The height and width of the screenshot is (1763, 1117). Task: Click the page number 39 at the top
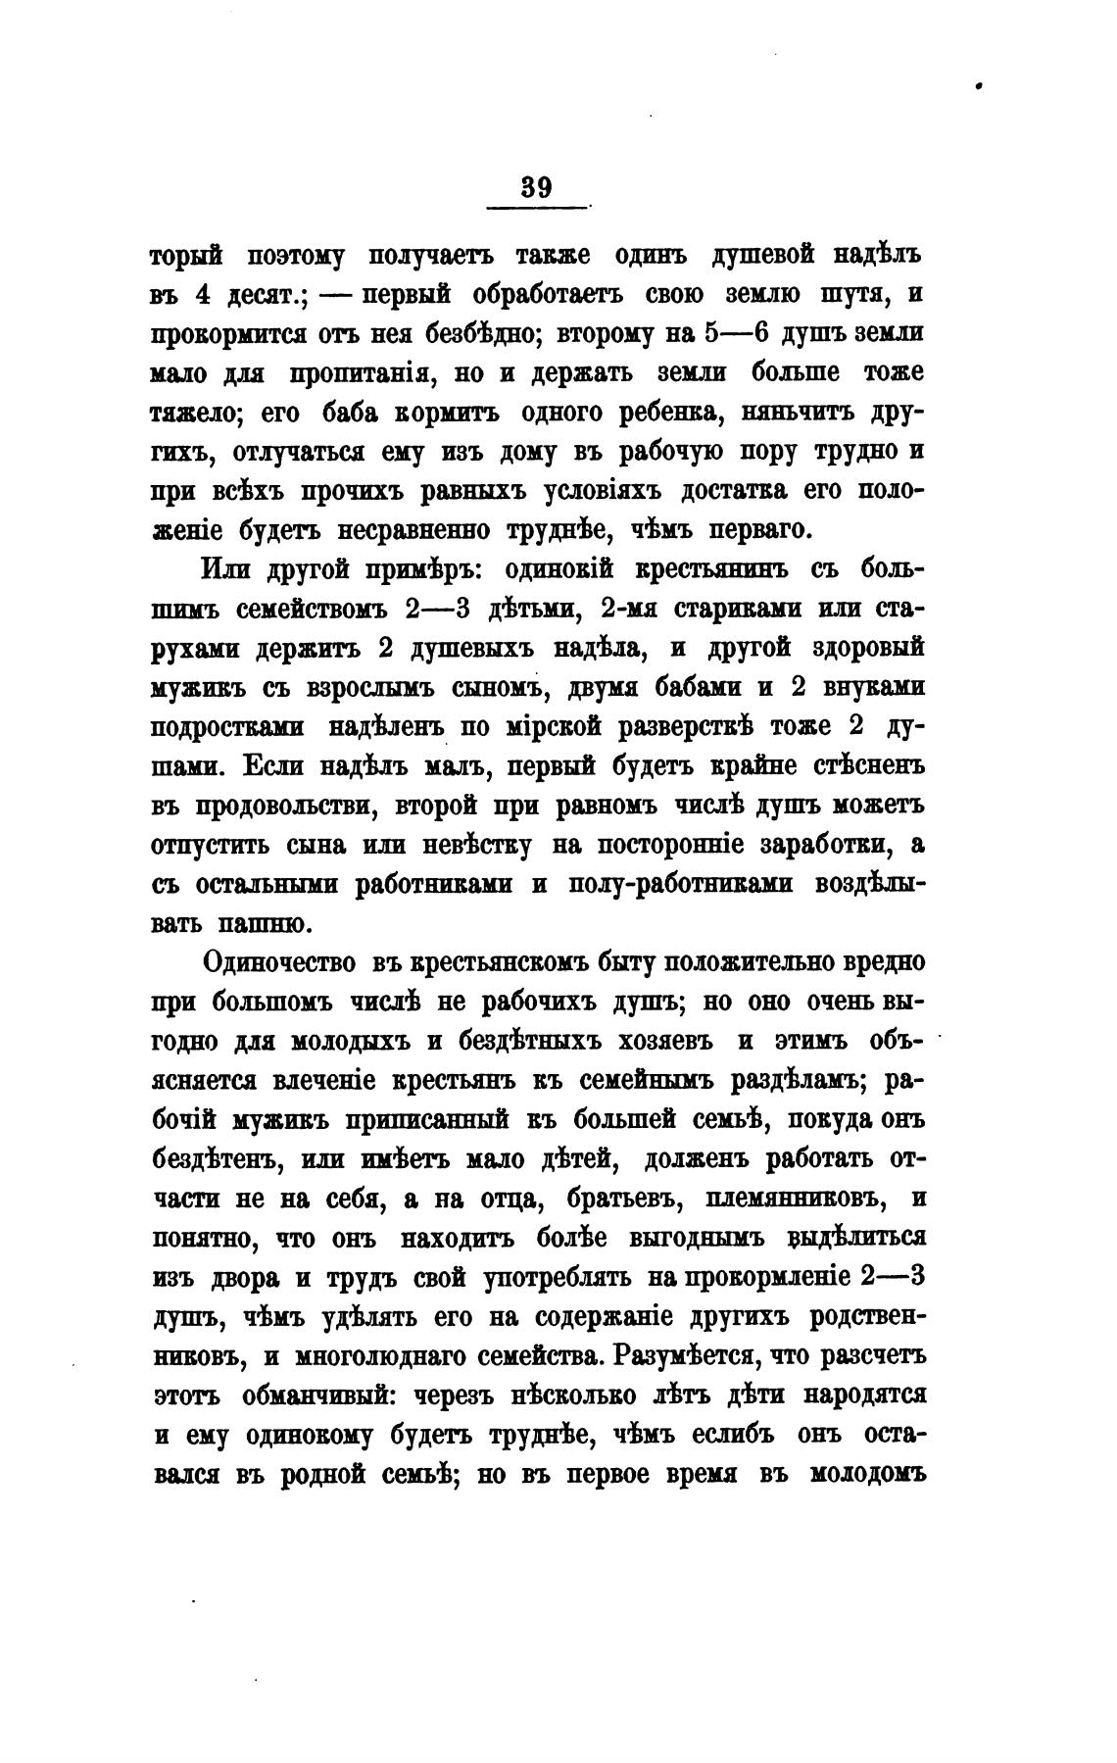pyautogui.click(x=536, y=186)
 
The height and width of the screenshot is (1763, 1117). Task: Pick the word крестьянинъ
pyautogui.click(x=716, y=569)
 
